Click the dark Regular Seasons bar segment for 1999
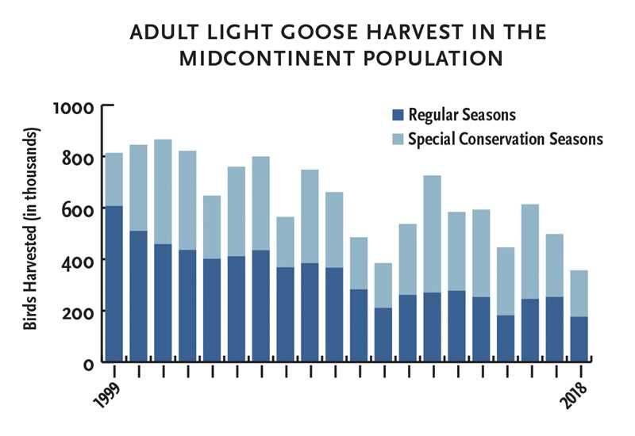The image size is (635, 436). tap(114, 283)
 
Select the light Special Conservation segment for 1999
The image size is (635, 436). tap(114, 179)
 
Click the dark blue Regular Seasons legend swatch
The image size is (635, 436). tap(398, 115)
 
